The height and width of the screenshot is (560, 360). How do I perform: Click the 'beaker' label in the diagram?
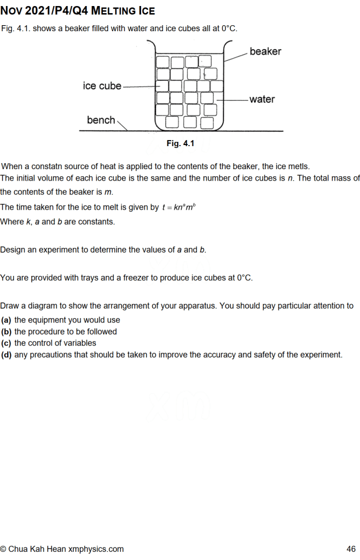[x=265, y=51]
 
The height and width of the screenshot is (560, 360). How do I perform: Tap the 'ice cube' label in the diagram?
[x=102, y=86]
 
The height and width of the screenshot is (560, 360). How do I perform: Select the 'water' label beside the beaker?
[x=262, y=99]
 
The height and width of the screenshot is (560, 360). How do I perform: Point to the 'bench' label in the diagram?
[x=101, y=120]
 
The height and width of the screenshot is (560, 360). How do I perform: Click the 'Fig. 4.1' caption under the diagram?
[x=181, y=143]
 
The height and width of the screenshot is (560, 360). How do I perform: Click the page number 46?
[x=351, y=549]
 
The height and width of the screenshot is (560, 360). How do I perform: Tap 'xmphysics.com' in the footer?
[x=96, y=549]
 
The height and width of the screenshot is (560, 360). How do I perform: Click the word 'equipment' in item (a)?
[x=51, y=320]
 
